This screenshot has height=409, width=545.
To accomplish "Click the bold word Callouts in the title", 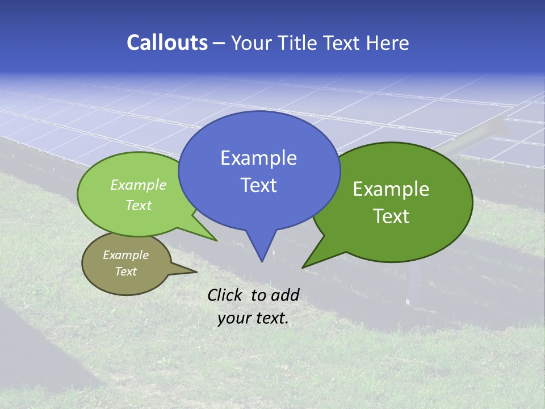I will click(167, 43).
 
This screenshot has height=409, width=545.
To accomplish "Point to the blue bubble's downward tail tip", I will click(262, 261).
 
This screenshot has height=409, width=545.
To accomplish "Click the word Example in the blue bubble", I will click(258, 158).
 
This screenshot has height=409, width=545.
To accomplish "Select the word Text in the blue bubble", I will click(258, 185).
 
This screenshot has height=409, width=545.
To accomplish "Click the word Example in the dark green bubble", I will click(391, 189).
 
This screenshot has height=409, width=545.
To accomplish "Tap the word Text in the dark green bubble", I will click(391, 216).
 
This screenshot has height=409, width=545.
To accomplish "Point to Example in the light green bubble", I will click(139, 185).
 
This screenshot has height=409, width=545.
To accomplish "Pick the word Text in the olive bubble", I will click(125, 272).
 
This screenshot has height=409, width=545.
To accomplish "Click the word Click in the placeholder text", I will click(224, 295).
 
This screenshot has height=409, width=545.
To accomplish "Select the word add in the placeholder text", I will click(284, 295).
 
